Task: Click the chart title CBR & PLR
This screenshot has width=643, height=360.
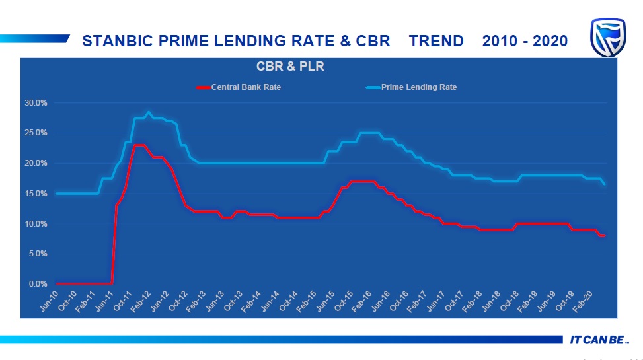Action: [x=290, y=67]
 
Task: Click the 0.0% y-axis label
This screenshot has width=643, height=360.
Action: [x=38, y=284]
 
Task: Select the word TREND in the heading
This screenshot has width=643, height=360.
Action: [x=436, y=41]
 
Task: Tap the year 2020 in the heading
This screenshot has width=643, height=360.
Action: [x=548, y=41]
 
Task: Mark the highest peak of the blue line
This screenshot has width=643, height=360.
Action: [x=149, y=112]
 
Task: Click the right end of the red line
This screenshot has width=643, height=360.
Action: [x=604, y=236]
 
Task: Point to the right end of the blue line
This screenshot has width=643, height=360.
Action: [x=605, y=184]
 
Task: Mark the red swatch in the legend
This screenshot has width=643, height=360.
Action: [x=203, y=87]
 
